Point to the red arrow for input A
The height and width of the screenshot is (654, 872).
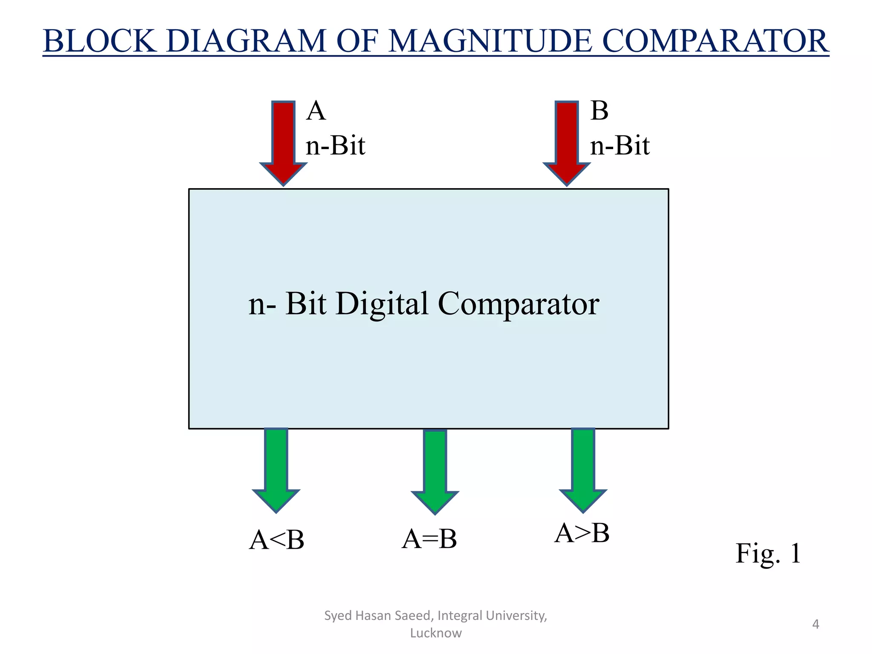284,141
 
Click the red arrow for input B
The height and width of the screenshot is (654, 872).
567,141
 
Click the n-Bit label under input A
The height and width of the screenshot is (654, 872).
336,146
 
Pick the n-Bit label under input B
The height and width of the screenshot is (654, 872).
620,146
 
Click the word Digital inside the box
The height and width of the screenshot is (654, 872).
382,304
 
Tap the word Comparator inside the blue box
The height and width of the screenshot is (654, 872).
518,304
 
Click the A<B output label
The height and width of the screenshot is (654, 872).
277,540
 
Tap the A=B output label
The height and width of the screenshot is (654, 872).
429,539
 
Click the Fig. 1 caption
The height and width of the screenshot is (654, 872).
768,554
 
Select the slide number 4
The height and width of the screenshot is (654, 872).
815,624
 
